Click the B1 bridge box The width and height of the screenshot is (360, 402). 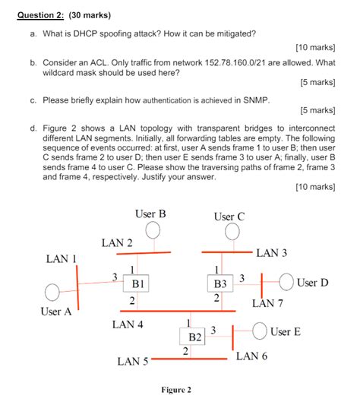[x=138, y=283]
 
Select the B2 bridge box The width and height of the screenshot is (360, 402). [x=195, y=336]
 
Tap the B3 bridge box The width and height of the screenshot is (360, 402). [x=220, y=283]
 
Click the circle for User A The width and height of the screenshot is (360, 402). [x=52, y=292]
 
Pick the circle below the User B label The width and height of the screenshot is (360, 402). [x=153, y=230]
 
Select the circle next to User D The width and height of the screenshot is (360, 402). [x=287, y=282]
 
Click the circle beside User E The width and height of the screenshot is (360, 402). [x=260, y=331]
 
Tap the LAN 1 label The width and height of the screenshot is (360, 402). [x=62, y=258]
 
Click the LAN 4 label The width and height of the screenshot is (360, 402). [x=128, y=324]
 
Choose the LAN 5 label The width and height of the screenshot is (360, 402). [x=133, y=362]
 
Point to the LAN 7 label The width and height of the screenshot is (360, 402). [x=267, y=303]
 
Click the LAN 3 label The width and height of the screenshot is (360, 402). [x=271, y=252]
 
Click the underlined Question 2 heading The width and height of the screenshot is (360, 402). [x=42, y=14]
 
